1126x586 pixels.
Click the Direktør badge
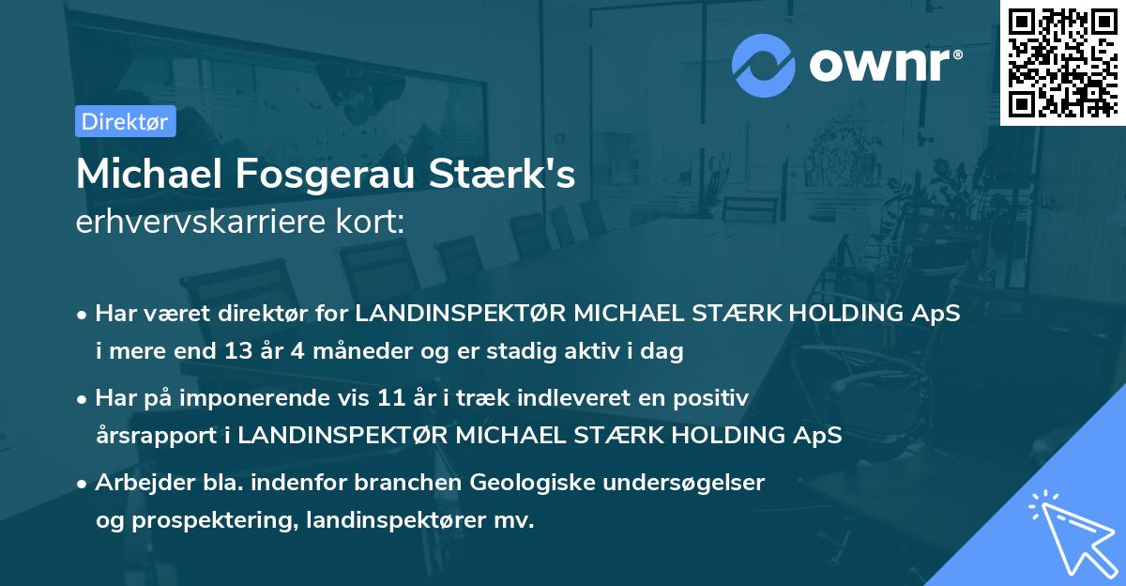125,121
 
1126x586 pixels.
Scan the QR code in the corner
1061,63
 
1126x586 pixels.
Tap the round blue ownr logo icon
764,66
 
